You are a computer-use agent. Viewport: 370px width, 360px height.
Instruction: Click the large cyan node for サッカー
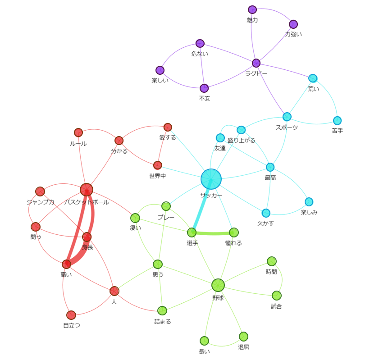click(x=211, y=179)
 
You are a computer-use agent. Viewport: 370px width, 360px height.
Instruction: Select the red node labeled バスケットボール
click(x=87, y=189)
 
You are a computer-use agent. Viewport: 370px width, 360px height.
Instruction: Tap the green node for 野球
click(x=218, y=285)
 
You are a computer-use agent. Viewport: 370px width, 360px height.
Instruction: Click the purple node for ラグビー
click(x=256, y=63)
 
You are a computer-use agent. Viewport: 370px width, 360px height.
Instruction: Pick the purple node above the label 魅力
click(x=252, y=9)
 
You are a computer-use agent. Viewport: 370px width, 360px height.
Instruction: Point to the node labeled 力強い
click(x=293, y=24)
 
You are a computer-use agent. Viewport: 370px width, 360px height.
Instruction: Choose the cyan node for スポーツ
click(x=287, y=117)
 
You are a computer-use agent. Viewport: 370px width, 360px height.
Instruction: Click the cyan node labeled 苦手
click(x=337, y=121)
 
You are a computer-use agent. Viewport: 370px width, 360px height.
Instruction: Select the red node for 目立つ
click(x=71, y=315)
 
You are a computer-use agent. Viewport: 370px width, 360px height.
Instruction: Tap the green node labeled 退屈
click(x=243, y=337)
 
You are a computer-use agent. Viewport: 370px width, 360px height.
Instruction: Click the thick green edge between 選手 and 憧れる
click(x=213, y=233)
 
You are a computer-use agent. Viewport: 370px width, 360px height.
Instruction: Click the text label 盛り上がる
click(x=242, y=141)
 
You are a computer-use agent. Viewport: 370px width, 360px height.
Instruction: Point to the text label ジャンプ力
click(x=41, y=202)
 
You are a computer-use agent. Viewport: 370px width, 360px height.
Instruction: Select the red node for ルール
click(x=78, y=132)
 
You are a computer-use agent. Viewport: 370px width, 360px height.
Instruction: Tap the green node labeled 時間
click(x=272, y=261)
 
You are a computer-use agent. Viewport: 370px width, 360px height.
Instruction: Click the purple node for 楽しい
click(x=160, y=70)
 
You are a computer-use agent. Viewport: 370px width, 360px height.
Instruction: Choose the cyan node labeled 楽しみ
click(x=309, y=202)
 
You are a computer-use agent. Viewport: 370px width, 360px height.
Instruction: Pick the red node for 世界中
click(x=158, y=165)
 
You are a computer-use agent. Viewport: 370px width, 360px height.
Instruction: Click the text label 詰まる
click(x=163, y=322)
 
